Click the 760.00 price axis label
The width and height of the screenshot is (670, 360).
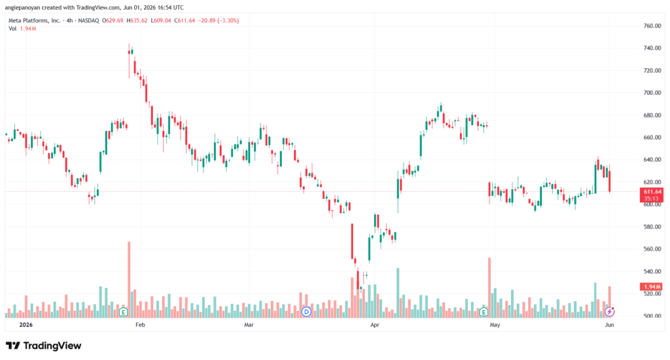coord(652,26)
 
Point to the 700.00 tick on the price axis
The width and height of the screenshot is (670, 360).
coord(652,92)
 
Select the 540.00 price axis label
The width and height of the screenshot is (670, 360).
coord(652,271)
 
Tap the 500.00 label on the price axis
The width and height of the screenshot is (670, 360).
coord(652,316)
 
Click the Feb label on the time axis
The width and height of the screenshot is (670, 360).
coord(140,325)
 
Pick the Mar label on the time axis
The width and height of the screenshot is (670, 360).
coord(249,325)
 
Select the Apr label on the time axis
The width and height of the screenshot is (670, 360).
coord(375,325)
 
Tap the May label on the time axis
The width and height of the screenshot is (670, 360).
coord(495,325)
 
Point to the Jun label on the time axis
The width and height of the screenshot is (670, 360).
coord(609,325)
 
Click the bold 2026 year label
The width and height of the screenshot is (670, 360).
coord(26,325)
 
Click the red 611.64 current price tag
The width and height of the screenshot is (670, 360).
coord(652,192)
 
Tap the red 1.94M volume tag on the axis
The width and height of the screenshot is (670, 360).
coord(651,287)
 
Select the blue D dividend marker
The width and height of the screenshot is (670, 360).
coord(306,312)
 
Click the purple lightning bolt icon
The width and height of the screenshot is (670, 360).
coord(609,312)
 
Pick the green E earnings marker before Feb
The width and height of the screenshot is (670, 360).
coord(124,312)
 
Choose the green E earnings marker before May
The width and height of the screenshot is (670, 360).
coord(484,312)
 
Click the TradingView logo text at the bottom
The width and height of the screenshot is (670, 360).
coord(52,346)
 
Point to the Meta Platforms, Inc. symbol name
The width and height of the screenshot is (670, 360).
coord(35,20)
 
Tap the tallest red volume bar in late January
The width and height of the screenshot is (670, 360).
coord(129,279)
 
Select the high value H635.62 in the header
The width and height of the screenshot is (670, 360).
coord(137,20)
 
